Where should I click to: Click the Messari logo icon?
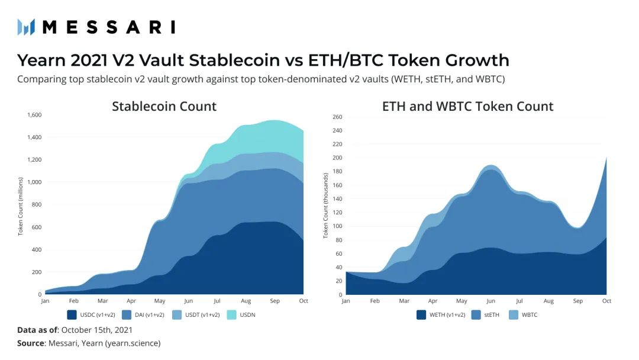[26, 27]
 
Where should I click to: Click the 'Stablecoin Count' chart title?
[164, 107]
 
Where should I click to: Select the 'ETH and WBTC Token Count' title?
[467, 107]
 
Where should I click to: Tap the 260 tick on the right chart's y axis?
[338, 117]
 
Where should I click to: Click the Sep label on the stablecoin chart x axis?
[275, 301]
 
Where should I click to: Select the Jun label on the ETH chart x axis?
[490, 301]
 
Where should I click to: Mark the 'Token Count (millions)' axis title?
[20, 205]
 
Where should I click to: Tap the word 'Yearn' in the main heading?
[42, 60]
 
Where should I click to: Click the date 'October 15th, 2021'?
[97, 330]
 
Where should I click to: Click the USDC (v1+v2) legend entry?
[93, 314]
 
